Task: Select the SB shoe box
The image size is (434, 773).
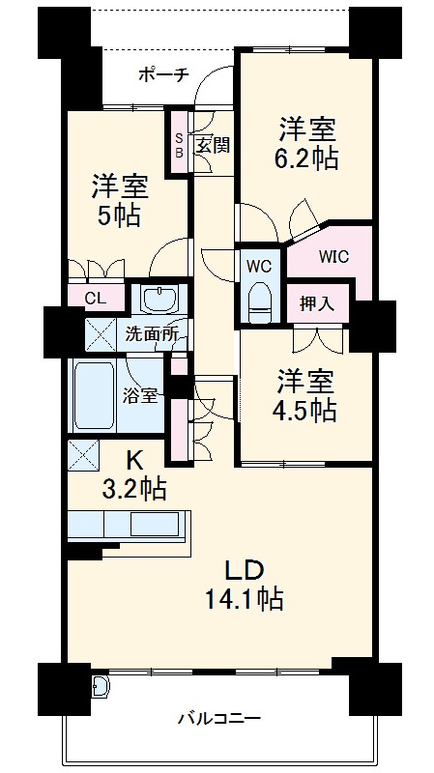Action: [x=179, y=144]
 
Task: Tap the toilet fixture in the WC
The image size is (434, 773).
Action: [x=258, y=300]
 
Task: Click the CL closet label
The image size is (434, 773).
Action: [x=96, y=299]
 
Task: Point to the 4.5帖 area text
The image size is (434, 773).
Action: [x=304, y=411]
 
